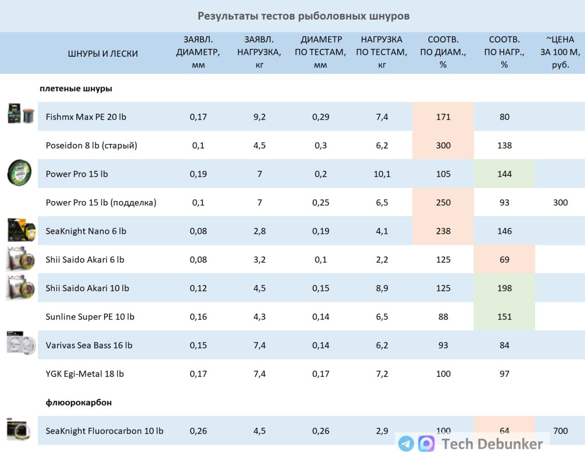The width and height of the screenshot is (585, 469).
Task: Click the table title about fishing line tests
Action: point(303,16)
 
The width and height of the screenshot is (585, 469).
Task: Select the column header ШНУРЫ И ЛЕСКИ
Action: point(103,53)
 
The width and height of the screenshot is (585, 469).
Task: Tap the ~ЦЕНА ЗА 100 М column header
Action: point(560,52)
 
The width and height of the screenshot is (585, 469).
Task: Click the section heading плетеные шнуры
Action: point(76,89)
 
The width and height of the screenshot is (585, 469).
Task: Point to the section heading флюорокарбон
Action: point(79,402)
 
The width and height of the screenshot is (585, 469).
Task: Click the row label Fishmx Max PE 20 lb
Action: point(86,117)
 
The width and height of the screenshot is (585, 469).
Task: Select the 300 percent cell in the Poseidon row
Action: point(443,145)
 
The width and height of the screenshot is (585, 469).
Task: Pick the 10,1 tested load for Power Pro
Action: point(382,174)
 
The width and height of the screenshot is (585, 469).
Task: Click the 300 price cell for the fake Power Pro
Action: point(560,202)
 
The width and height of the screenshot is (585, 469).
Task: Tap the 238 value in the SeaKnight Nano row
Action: point(443,231)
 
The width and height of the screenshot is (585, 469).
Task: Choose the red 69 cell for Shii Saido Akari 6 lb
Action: point(504,259)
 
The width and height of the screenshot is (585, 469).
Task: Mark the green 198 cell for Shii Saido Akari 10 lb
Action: point(504,288)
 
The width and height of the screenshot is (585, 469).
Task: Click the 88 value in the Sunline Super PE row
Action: point(443,316)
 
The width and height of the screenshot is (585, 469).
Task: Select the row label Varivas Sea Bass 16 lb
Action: point(89,345)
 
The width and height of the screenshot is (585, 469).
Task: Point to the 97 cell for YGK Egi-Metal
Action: point(504,374)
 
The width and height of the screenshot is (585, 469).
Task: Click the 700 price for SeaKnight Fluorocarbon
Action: point(560,431)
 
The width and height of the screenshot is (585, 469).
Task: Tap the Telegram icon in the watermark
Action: point(406,443)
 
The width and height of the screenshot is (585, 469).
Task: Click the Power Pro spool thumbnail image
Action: point(19,173)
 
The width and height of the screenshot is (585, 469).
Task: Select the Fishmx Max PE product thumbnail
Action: point(21,114)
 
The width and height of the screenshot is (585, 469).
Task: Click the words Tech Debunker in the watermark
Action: point(492,444)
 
